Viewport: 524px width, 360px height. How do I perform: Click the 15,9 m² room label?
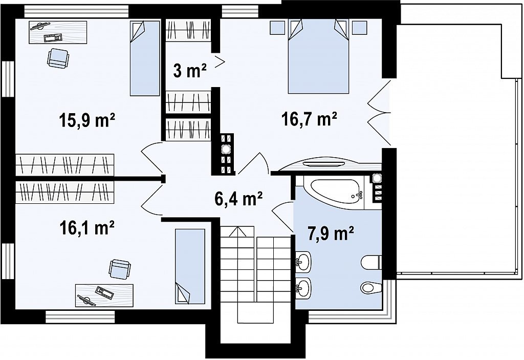87,120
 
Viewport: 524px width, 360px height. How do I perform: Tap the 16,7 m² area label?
309,119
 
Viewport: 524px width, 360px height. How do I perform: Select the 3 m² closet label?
189,71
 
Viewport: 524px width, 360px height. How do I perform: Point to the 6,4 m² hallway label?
238,199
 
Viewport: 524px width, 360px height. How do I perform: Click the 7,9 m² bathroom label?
330,233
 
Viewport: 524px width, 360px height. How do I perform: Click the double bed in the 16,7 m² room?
318,56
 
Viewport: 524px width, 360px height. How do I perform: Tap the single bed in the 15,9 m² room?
145,58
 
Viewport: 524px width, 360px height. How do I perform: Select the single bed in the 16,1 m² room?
190,266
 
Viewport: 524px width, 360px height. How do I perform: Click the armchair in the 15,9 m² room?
58,58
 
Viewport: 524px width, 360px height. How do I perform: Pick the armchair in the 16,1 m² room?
120,269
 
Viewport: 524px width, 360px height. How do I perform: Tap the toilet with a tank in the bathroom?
372,262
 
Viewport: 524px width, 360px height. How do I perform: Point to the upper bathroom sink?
303,261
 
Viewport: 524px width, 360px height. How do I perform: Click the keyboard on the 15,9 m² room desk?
53,37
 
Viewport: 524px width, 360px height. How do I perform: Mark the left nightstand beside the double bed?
277,27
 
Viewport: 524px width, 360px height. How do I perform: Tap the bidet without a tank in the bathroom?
371,287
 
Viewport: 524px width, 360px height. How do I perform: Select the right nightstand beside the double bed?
360,27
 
